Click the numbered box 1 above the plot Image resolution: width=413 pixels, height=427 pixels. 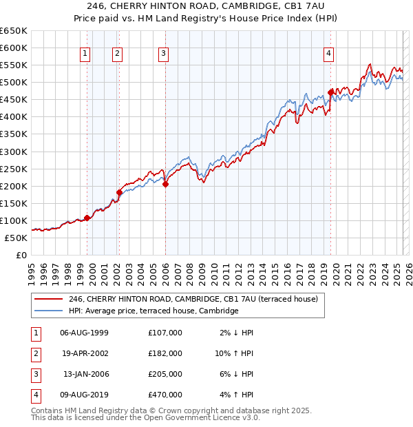(85, 53)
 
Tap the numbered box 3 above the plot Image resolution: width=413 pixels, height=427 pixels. (163, 53)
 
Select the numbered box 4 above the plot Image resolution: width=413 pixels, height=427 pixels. (329, 53)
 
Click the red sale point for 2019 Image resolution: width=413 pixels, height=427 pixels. (330, 92)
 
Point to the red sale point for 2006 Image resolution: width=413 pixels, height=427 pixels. (166, 184)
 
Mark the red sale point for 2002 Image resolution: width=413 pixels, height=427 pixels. (119, 192)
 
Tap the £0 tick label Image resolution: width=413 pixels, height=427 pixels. (21, 255)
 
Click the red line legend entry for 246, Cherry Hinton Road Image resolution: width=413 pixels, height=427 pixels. (193, 300)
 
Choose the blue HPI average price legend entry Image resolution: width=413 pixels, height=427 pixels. (153, 311)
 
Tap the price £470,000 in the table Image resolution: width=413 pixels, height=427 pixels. (165, 395)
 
